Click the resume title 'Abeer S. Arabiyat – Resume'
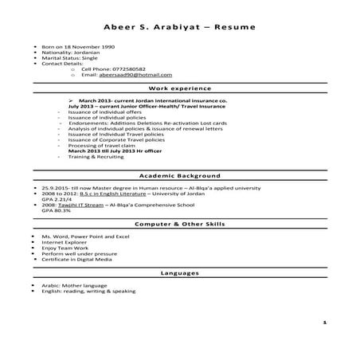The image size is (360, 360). pos(179,28)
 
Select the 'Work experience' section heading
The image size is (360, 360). pos(179,90)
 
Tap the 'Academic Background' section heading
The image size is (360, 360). pos(179,174)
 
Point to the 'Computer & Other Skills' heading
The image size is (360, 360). pos(179,225)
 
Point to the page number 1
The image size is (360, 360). pos(325,323)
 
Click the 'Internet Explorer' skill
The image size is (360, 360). pos(61,243)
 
